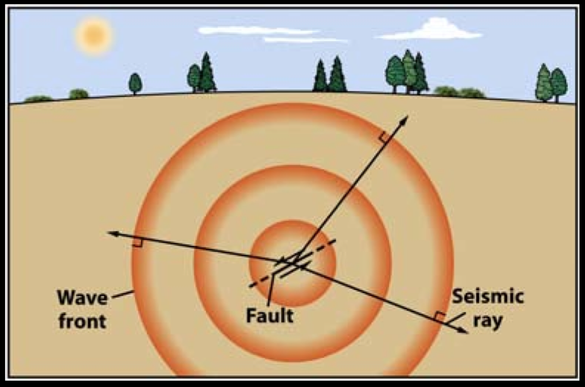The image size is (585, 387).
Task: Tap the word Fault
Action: (270, 315)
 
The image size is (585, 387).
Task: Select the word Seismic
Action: (487, 297)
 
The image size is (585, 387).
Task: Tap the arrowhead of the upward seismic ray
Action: (405, 119)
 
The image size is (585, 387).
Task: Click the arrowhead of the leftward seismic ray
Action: (112, 233)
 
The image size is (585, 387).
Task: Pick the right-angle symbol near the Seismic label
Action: (439, 316)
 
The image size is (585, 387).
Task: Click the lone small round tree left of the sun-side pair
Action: (135, 83)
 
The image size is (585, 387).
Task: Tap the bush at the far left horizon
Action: (38, 99)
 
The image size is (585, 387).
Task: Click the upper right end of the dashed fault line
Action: (335, 241)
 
